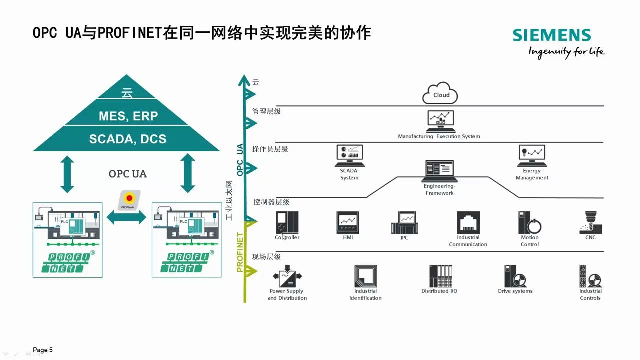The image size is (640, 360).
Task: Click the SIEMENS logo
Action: point(551,35)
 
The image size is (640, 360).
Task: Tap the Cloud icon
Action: point(440,94)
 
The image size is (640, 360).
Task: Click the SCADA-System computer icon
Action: point(349,156)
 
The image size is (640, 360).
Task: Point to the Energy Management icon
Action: point(531,156)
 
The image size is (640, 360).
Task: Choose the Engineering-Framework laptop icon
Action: point(440,171)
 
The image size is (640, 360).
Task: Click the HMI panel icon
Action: point(348,222)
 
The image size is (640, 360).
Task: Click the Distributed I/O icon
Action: point(440,276)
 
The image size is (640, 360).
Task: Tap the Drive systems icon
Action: point(515,276)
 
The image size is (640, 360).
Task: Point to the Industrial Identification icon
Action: point(365,276)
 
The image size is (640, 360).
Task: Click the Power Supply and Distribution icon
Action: point(287,277)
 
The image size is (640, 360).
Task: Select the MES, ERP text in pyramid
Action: point(128,116)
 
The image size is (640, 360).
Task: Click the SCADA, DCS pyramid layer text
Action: point(127,139)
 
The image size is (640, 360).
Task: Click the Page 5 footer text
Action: point(43,350)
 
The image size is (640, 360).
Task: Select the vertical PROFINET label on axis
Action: point(240,252)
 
